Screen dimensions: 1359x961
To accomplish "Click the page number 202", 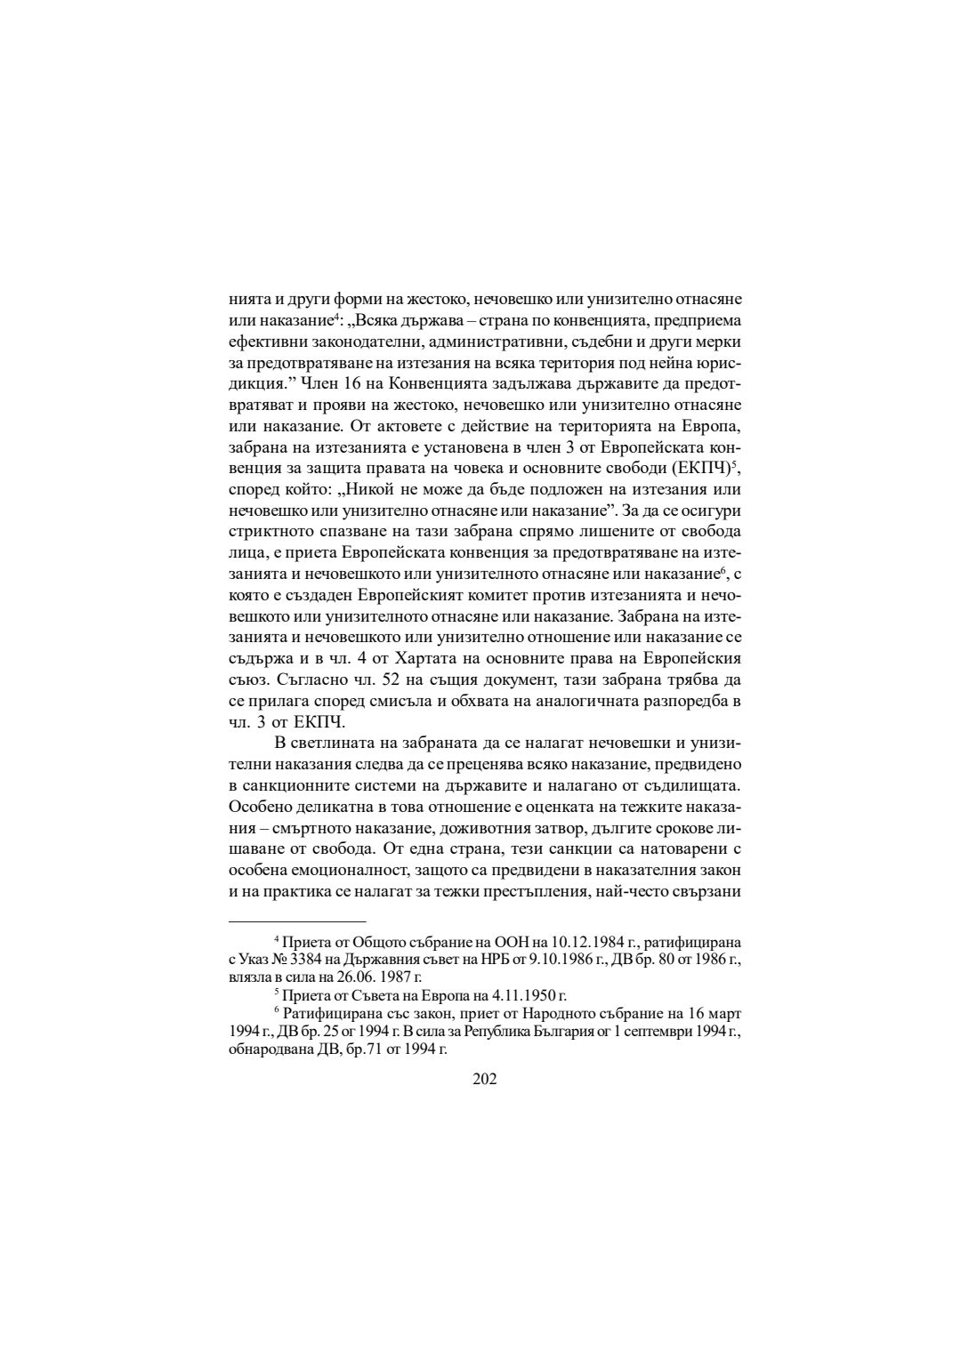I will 484,1079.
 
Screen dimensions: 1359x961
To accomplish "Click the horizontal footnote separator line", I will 297,921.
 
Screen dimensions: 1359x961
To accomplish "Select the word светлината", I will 335,743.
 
